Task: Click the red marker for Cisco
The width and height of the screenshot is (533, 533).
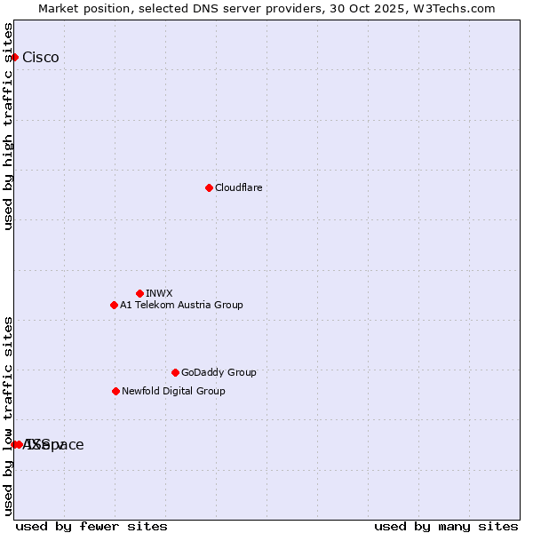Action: point(14,58)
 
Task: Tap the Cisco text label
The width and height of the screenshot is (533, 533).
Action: point(41,58)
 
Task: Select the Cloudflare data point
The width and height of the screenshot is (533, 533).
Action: point(209,187)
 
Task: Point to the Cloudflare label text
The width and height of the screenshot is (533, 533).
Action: point(238,187)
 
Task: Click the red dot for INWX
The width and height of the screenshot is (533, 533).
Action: point(139,293)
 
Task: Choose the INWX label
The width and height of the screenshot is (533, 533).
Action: point(159,293)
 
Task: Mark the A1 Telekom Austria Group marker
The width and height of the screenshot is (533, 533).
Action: point(114,305)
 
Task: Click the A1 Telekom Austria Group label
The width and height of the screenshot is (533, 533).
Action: point(181,305)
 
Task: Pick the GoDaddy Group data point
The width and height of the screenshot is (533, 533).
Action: point(175,372)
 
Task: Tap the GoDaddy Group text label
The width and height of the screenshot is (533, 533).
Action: point(219,372)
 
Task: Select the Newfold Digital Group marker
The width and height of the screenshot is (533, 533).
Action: point(115,391)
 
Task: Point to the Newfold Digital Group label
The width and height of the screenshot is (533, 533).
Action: point(173,391)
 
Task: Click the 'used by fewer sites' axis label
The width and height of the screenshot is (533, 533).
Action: point(91,526)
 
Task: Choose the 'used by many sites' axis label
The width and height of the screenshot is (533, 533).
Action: point(446,526)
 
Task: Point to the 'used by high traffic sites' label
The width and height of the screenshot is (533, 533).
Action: point(8,127)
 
